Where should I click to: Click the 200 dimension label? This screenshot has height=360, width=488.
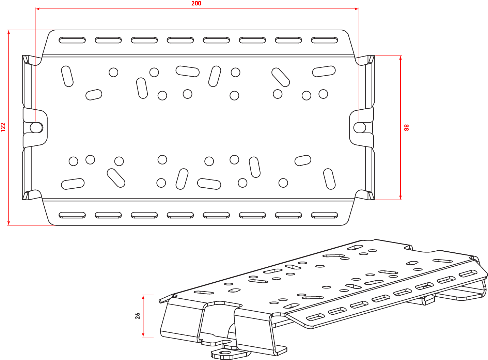click(196, 3)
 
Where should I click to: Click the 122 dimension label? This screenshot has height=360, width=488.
click(3, 127)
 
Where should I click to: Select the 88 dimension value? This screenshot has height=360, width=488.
click(407, 127)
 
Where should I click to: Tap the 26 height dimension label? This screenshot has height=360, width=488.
click(138, 316)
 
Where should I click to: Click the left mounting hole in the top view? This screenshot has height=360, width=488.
click(36, 128)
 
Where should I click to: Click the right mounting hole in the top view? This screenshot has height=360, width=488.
click(360, 128)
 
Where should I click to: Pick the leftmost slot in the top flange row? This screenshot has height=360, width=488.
click(72, 40)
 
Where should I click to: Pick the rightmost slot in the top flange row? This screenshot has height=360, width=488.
click(325, 40)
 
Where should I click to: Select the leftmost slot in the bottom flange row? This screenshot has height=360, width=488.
click(72, 215)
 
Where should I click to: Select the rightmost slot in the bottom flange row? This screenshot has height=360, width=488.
click(325, 215)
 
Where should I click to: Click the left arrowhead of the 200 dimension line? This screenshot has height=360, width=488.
click(37, 9)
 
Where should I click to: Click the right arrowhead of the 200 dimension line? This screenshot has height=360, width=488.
click(357, 9)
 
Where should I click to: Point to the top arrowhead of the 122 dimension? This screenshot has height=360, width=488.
click(9, 32)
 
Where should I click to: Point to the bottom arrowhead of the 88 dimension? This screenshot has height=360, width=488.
click(400, 198)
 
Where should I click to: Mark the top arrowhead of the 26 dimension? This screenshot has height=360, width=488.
click(143, 297)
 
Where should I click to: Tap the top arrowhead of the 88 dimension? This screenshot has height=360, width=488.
click(400, 58)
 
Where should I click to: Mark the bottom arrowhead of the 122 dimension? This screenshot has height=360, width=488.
click(9, 223)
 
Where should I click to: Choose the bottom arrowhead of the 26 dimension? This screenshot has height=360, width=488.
click(143, 335)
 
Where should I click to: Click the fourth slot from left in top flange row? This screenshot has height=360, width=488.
click(180, 40)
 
